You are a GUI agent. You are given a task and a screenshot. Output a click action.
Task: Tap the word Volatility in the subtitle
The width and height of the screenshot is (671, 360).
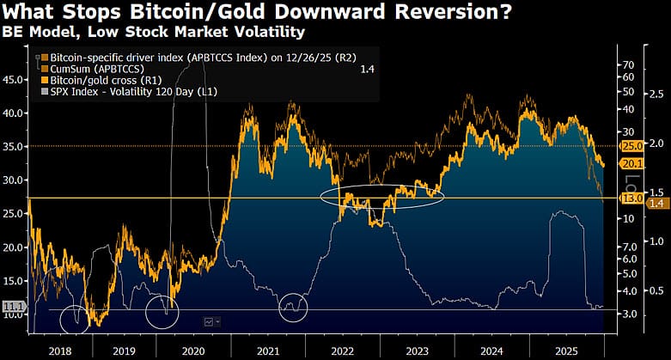pos(260,34)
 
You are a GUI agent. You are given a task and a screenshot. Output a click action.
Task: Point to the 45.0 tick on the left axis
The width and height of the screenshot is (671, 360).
pos(14,79)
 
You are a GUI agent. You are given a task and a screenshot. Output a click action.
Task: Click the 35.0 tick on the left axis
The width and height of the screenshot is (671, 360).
pos(14,147)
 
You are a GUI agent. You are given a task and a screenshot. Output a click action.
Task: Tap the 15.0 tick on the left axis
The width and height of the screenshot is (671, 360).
pos(14,281)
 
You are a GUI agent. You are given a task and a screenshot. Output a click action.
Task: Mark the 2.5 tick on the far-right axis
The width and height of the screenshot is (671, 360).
pos(655,94)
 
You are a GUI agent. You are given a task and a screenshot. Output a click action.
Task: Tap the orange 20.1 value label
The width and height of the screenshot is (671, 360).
pos(632,164)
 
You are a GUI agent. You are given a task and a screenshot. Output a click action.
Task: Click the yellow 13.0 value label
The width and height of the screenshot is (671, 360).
pos(632,198)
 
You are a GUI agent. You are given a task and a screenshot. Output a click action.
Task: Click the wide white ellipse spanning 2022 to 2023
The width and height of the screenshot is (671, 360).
pos(382,196)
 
